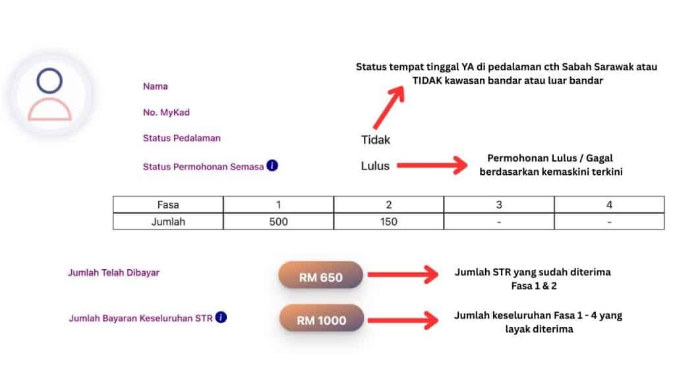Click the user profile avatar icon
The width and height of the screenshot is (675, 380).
click(x=49, y=94)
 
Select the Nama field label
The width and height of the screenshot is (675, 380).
click(x=156, y=86)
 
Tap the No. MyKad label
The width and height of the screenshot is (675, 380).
click(x=166, y=112)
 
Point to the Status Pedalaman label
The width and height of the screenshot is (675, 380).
click(x=182, y=139)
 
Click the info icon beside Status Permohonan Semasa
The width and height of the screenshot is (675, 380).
click(x=272, y=166)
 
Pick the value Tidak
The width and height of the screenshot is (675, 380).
click(x=375, y=140)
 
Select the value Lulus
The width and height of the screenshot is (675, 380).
click(x=375, y=166)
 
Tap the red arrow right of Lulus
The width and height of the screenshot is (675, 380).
click(x=432, y=166)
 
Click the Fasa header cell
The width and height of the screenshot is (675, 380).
click(x=168, y=205)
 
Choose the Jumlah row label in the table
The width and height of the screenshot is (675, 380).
click(x=168, y=222)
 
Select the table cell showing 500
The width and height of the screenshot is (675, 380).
click(x=279, y=222)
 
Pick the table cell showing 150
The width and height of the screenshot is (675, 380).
click(x=389, y=222)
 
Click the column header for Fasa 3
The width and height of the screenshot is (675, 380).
click(x=499, y=205)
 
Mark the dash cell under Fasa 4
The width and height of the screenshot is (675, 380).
click(x=609, y=222)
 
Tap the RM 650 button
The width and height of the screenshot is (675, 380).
click(x=321, y=275)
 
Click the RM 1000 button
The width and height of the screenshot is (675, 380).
click(x=322, y=318)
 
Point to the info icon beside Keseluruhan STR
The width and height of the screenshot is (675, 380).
click(x=221, y=317)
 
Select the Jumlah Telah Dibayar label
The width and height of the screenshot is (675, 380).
click(x=113, y=272)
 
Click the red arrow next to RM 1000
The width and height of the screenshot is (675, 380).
click(x=403, y=320)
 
